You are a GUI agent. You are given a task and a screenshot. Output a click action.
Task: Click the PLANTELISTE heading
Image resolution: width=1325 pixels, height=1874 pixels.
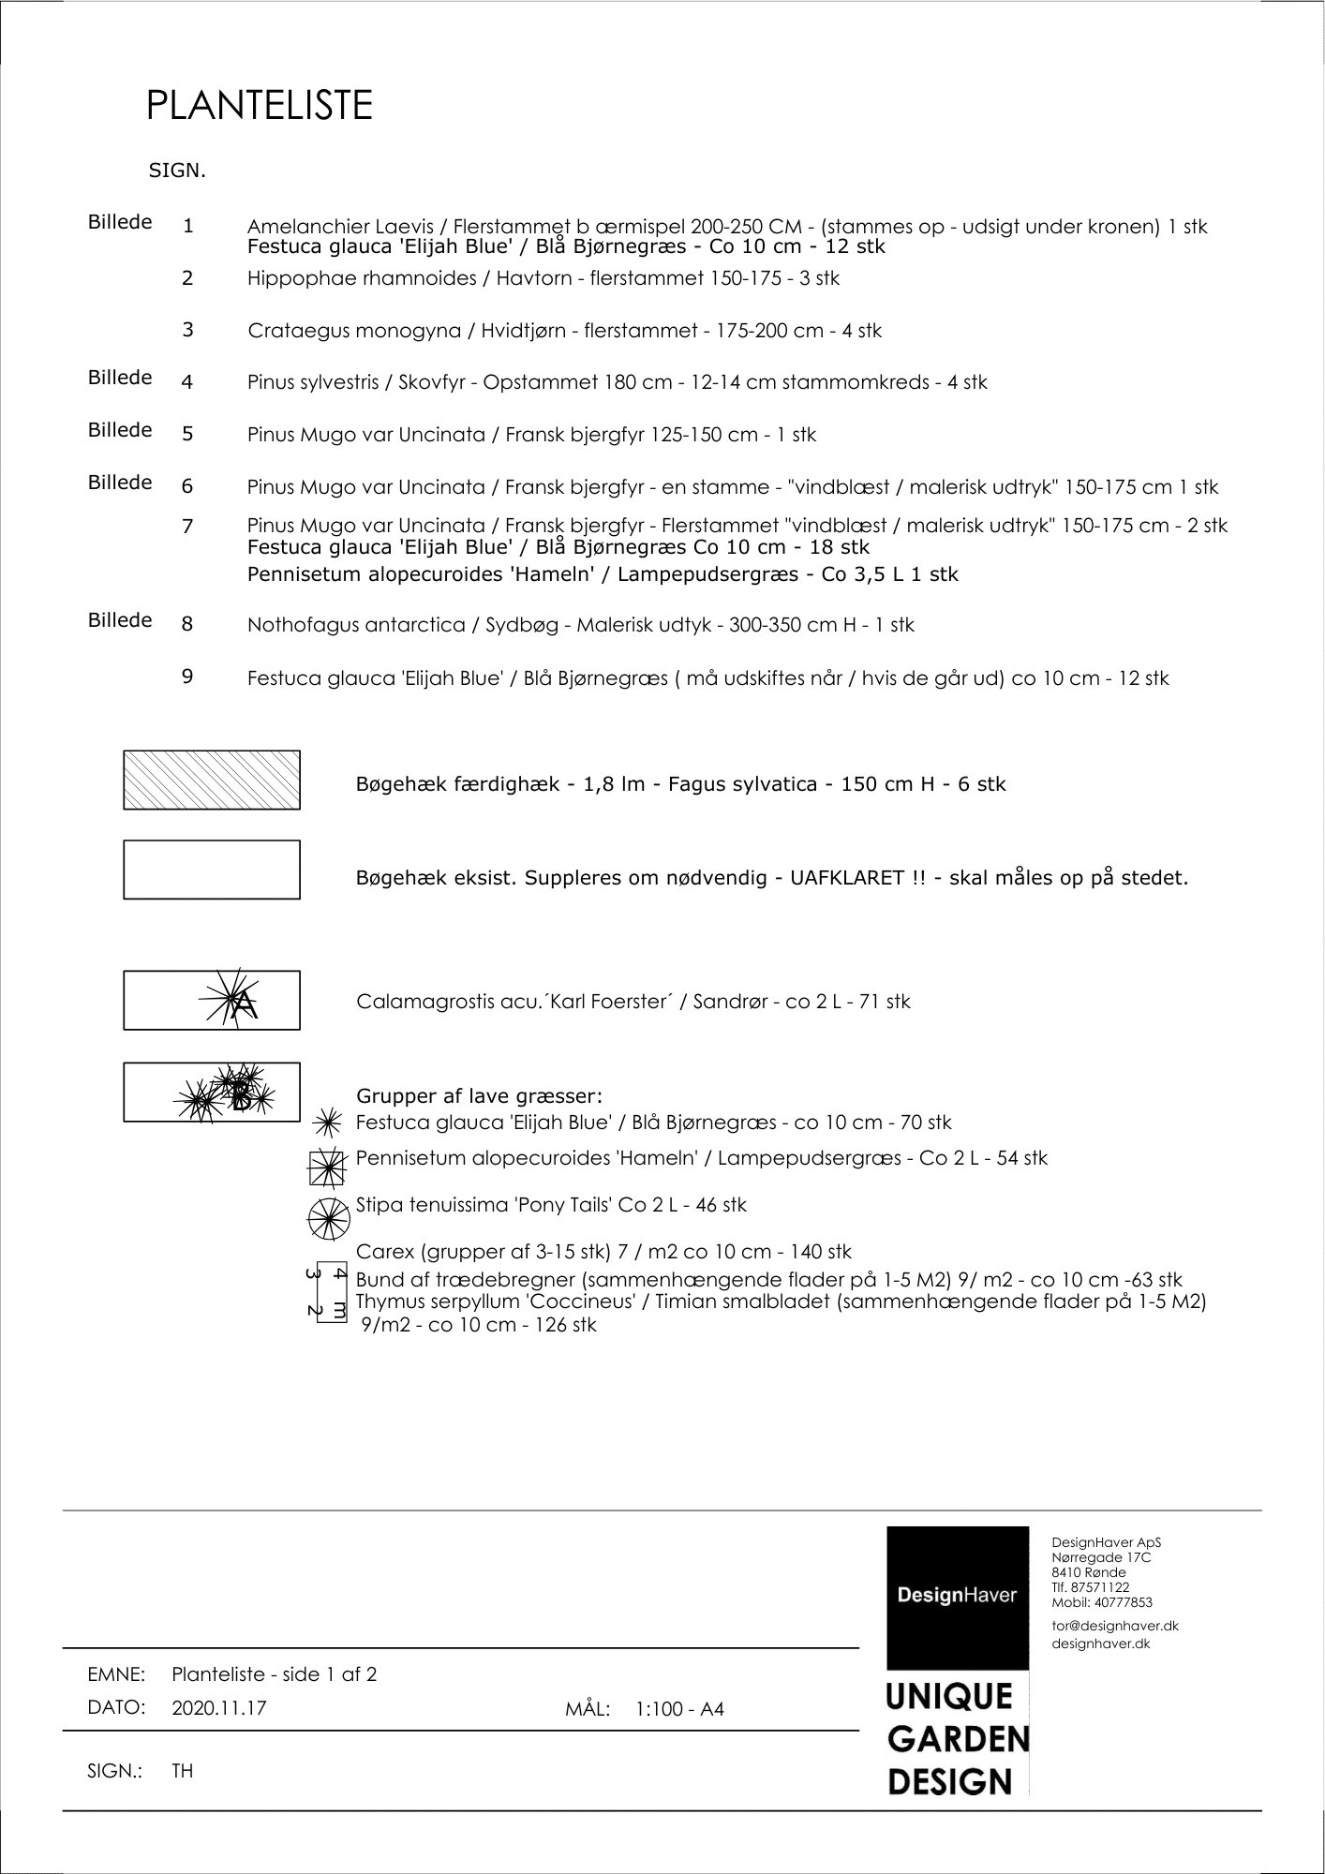(260, 106)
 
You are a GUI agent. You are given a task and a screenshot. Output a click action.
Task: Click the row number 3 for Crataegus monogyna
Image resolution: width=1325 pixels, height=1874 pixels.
(188, 330)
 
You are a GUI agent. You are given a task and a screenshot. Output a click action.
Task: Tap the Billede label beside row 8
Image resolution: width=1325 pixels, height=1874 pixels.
(120, 620)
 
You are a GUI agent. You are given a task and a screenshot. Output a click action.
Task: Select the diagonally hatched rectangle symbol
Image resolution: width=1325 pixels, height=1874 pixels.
(212, 780)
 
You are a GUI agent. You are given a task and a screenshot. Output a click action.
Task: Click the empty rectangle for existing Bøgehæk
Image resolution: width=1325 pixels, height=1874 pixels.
(212, 870)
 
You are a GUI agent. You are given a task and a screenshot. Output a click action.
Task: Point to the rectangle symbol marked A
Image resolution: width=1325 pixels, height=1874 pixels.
(212, 1001)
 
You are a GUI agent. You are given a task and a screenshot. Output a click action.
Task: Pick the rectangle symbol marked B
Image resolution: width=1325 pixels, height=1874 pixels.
(212, 1093)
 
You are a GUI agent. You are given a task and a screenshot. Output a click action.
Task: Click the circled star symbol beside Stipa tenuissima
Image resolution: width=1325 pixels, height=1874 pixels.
(328, 1217)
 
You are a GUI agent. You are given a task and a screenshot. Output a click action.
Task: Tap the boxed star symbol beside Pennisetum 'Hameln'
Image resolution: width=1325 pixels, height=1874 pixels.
(328, 1168)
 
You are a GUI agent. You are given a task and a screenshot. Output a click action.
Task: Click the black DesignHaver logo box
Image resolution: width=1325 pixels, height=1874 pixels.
(957, 1596)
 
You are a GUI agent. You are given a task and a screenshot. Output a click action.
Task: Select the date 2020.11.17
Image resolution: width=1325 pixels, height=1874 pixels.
(219, 1708)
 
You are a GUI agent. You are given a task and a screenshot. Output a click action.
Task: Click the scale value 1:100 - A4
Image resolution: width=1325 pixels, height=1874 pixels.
(679, 1709)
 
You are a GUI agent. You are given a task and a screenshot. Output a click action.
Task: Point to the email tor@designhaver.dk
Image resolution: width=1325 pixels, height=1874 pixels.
(1115, 1626)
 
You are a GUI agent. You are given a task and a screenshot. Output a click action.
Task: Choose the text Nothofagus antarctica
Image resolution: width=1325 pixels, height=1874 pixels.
(356, 625)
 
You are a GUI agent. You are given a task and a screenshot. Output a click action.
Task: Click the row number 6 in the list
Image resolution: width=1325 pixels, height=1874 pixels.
(187, 485)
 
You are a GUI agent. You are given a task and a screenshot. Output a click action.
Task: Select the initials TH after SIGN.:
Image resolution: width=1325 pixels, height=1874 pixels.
(183, 1771)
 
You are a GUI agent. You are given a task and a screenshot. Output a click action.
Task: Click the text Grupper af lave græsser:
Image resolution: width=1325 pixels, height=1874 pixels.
(479, 1096)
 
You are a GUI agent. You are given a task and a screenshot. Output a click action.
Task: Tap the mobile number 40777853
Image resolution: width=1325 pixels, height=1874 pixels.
(1123, 1603)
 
